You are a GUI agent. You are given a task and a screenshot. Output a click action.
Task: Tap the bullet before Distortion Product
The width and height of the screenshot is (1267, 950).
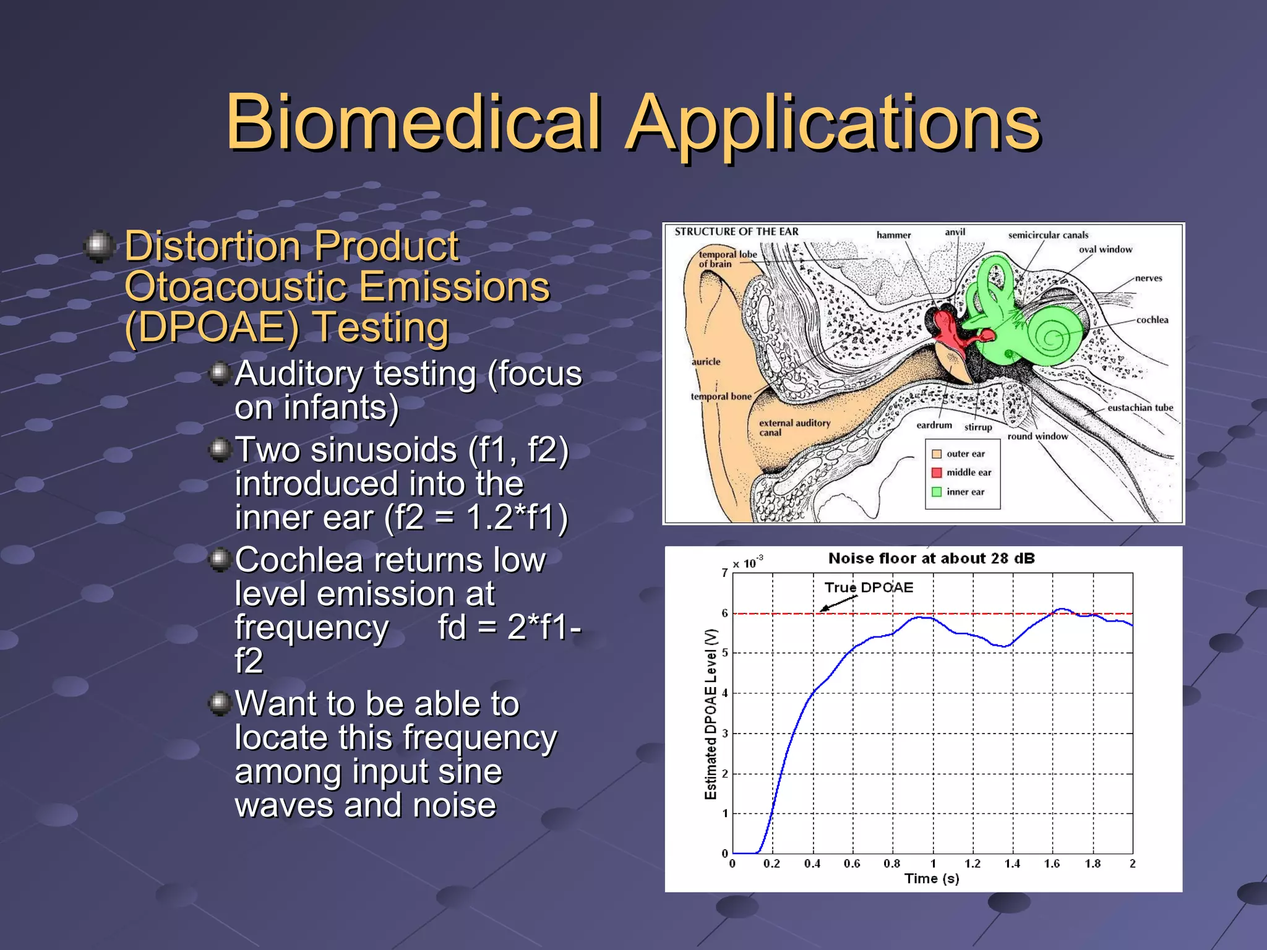coord(99,246)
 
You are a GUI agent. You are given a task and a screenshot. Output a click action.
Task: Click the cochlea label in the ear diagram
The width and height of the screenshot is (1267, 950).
coord(1152,320)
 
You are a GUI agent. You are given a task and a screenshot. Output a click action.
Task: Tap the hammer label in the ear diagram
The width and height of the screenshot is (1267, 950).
coord(893,235)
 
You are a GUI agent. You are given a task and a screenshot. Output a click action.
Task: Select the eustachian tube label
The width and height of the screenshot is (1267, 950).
coord(1140,408)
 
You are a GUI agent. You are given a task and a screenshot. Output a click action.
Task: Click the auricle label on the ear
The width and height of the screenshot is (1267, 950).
coord(706,362)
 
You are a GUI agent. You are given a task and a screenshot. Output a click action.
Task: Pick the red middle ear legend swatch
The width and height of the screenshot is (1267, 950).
coord(937,473)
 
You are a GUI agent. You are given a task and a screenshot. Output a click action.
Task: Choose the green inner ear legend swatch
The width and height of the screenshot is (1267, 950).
coord(937,492)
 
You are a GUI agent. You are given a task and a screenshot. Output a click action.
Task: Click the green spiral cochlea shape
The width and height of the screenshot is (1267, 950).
coord(1052,337)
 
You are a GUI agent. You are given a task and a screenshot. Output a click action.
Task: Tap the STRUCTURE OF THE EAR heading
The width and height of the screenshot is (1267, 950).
coord(736,231)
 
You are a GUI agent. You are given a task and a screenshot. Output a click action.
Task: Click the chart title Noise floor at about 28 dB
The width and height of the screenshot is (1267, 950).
coord(931,558)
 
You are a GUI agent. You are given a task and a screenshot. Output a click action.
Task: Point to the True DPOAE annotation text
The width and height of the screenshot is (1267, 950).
coord(869,588)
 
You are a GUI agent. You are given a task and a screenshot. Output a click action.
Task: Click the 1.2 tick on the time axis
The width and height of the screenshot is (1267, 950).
coord(973,864)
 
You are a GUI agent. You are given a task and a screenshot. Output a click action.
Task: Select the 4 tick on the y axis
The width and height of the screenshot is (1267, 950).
coord(725,693)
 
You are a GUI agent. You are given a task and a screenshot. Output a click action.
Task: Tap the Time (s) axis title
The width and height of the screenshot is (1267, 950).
coord(931,879)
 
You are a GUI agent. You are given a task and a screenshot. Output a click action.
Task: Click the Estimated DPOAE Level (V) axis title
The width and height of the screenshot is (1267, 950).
coord(711,714)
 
